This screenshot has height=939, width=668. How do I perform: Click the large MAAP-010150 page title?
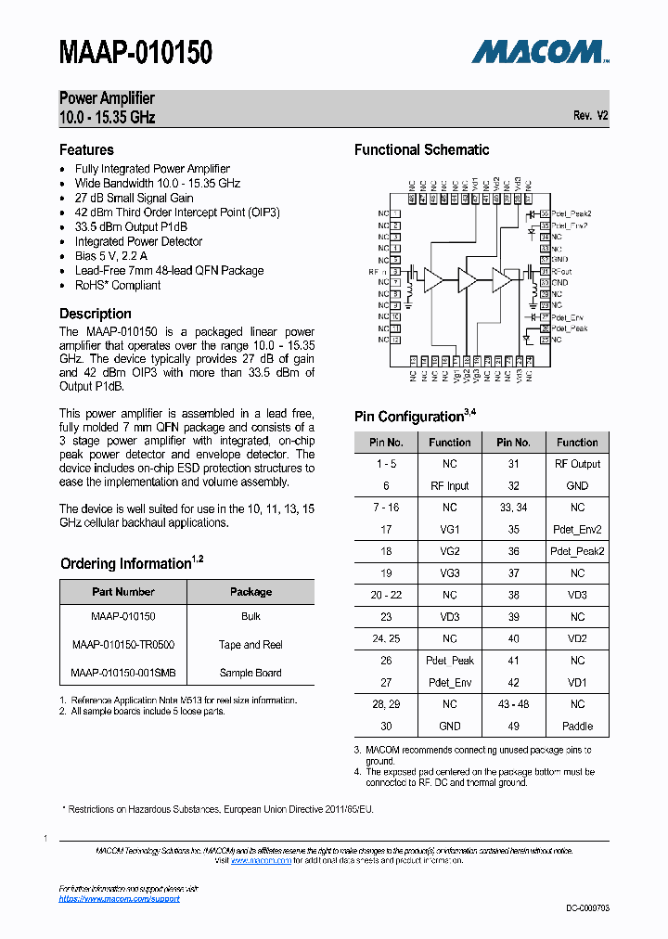(x=135, y=52)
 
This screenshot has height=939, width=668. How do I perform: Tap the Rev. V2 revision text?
(x=590, y=116)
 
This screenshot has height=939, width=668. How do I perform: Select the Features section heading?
(x=86, y=149)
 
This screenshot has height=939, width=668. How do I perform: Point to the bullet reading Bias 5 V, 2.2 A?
(x=111, y=256)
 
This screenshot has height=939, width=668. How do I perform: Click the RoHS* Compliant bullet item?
(x=118, y=285)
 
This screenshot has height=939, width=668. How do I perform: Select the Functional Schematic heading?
(x=421, y=149)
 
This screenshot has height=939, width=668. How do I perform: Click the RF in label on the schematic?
(x=378, y=272)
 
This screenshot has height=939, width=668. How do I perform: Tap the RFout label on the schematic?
(x=561, y=271)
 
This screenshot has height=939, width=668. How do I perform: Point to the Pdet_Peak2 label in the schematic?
(x=571, y=213)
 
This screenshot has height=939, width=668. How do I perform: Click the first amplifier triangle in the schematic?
(x=433, y=279)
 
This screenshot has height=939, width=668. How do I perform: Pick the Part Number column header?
(x=123, y=592)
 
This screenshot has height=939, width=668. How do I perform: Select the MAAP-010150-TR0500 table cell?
(x=123, y=645)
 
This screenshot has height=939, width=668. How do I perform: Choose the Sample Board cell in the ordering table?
(x=250, y=673)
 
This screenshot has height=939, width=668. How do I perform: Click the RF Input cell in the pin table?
(x=449, y=485)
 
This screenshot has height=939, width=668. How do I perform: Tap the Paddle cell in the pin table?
(x=577, y=726)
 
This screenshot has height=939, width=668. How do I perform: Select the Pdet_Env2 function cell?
(x=577, y=529)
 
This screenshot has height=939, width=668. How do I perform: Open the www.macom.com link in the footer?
(x=261, y=860)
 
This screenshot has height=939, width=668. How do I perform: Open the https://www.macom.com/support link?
(x=120, y=898)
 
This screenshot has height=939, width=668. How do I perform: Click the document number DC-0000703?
(x=587, y=907)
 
